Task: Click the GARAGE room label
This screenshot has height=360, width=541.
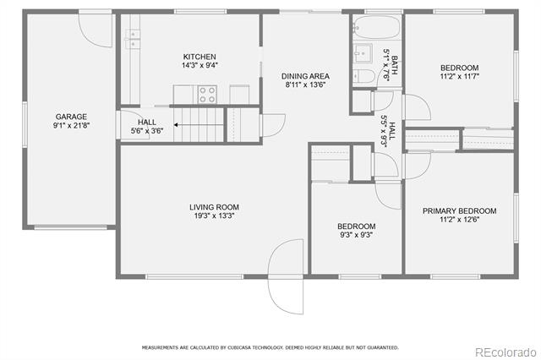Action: click(71, 117)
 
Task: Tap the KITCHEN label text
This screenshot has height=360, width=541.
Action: click(199, 57)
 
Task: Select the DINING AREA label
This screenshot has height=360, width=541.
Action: click(305, 76)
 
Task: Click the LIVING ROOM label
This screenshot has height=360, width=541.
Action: click(214, 207)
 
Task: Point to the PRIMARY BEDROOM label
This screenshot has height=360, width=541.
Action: click(460, 211)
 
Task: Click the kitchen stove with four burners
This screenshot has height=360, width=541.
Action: click(207, 95)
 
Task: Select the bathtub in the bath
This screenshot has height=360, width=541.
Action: click(377, 27)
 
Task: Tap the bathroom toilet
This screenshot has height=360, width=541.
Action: click(363, 76)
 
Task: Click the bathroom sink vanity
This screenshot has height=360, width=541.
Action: click(363, 53)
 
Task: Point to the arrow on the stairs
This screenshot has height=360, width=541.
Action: click(199, 125)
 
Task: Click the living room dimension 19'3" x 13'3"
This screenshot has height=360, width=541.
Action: click(214, 216)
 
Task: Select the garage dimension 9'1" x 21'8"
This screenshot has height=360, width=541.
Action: click(71, 126)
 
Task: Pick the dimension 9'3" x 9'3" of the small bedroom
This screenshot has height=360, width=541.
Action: click(357, 235)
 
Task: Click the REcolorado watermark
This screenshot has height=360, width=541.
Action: click(505, 352)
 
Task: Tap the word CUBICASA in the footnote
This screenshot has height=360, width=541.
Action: click(240, 347)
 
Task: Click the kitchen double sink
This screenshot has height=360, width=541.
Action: click(133, 40)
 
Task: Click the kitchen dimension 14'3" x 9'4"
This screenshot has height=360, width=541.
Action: click(199, 65)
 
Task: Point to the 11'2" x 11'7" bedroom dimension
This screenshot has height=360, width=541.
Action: click(460, 77)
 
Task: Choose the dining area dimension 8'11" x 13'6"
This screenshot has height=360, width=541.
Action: click(305, 85)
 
